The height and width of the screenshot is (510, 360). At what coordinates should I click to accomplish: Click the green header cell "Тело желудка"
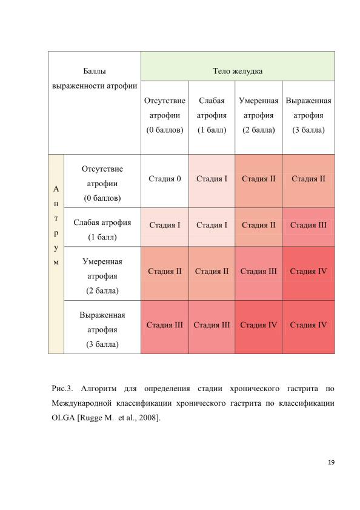pyautogui.click(x=238, y=66)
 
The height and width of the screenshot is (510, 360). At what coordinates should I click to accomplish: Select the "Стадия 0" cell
pyautogui.click(x=165, y=181)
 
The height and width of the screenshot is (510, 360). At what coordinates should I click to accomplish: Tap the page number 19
pyautogui.click(x=331, y=462)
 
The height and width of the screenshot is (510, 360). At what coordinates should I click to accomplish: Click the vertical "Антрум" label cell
pyautogui.click(x=56, y=254)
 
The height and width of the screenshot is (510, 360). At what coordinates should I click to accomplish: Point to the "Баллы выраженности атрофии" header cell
pyautogui.click(x=95, y=102)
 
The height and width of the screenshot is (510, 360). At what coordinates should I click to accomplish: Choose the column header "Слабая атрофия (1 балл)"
pyautogui.click(x=212, y=118)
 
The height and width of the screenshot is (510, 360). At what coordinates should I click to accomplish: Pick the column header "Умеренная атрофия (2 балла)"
pyautogui.click(x=259, y=118)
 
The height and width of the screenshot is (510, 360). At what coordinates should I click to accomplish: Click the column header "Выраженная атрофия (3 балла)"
pyautogui.click(x=308, y=118)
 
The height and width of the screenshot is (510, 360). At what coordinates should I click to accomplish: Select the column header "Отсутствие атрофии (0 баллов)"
pyautogui.click(x=165, y=118)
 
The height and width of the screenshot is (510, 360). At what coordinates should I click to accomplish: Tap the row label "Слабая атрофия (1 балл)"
pyautogui.click(x=102, y=227)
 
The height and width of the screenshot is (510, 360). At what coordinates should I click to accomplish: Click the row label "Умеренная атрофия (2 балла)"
pyautogui.click(x=102, y=273)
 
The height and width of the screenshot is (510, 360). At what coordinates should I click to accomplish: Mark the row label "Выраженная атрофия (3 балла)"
pyautogui.click(x=102, y=327)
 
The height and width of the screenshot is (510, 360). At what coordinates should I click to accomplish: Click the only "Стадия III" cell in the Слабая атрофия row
pyautogui.click(x=308, y=227)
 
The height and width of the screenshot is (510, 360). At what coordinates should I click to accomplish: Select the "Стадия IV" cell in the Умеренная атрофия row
pyautogui.click(x=308, y=273)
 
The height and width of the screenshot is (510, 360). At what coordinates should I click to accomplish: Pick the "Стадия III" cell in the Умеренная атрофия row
pyautogui.click(x=259, y=273)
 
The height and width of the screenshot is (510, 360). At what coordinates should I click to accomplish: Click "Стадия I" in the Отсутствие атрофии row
pyautogui.click(x=212, y=181)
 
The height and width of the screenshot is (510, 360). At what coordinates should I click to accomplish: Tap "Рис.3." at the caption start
pyautogui.click(x=62, y=388)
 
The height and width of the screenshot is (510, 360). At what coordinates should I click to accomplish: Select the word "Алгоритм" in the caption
pyautogui.click(x=99, y=389)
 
